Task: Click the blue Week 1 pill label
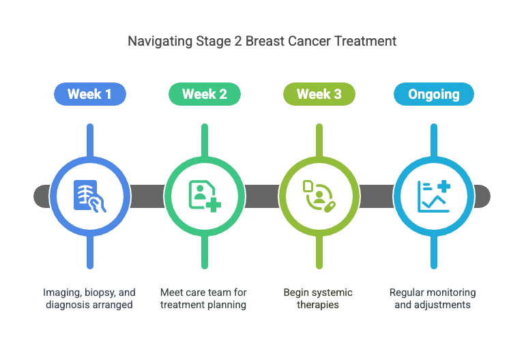pos(89,94)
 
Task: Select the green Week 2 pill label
pos(204,94)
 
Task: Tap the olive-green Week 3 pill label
pos(319,94)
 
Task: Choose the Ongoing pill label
pos(433,94)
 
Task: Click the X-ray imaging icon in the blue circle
pos(89,196)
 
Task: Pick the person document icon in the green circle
pos(204,196)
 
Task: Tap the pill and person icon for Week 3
pos(319,196)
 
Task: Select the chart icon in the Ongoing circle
pos(433,196)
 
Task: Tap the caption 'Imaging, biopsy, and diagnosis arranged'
pos(89,299)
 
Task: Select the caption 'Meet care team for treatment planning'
pos(204,299)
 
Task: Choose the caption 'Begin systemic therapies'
pos(319,299)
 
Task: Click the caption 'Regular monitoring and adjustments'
pos(433,299)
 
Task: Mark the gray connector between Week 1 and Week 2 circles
pos(147,196)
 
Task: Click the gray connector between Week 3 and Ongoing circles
pos(376,196)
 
